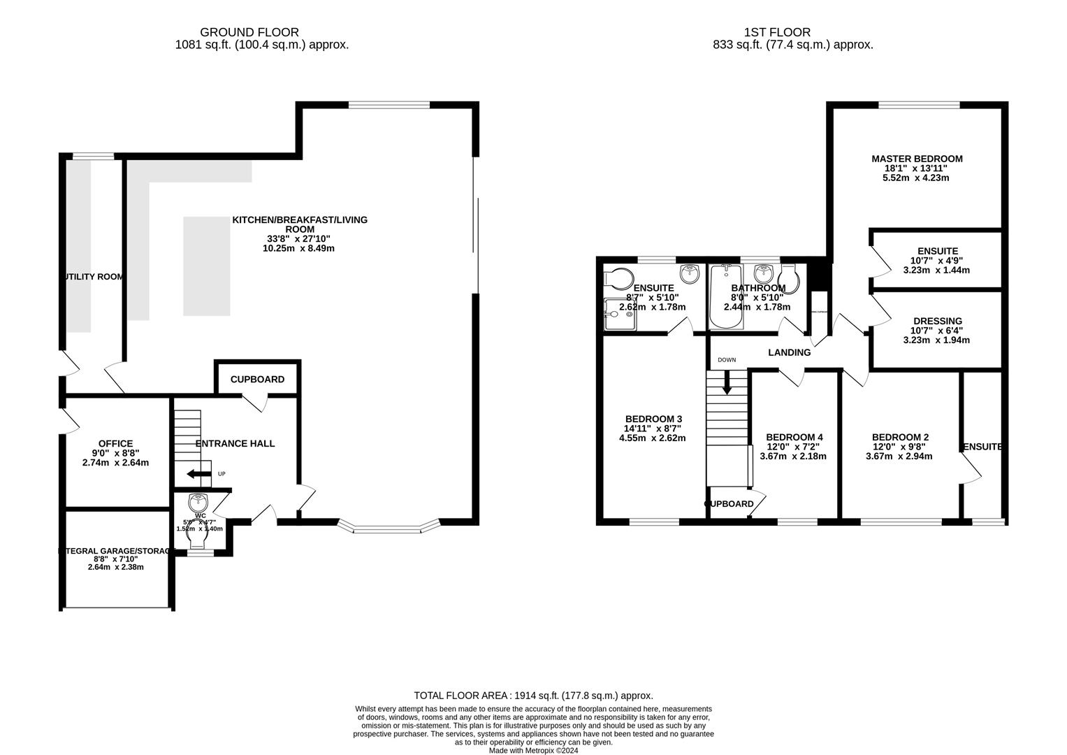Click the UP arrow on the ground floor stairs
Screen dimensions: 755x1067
pos(198,475)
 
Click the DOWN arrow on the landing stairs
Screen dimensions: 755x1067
pos(727,382)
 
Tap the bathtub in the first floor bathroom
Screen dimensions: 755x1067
pos(726,298)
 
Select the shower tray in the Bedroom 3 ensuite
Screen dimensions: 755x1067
pos(618,314)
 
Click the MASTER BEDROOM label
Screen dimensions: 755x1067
pos(917,159)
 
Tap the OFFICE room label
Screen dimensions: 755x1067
pos(115,444)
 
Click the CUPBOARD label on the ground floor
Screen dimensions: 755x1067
pos(257,380)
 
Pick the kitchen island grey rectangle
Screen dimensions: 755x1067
pos(207,266)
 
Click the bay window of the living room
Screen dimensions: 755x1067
pos(388,527)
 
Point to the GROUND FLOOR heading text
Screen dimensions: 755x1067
pos(249,32)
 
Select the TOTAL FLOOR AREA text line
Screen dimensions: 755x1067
pos(533,696)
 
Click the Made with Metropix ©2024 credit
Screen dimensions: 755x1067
pos(533,750)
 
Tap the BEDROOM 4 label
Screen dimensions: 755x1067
pos(793,437)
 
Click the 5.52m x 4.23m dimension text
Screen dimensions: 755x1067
pos(917,178)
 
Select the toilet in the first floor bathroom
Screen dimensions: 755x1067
pos(790,279)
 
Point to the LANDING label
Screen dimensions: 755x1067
pos(789,352)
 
